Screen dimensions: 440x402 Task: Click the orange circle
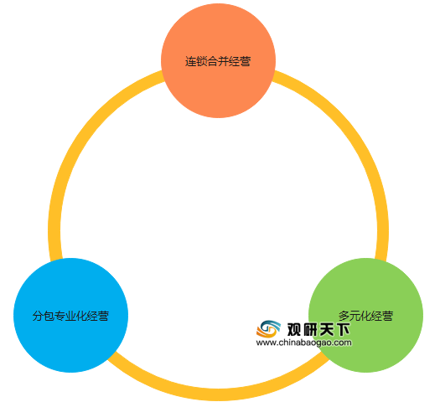(x=218, y=60)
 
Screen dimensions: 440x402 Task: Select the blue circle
(x=71, y=315)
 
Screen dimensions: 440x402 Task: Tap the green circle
(x=366, y=315)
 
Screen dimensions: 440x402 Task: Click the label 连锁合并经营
(x=218, y=61)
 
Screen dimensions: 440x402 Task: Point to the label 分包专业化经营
(x=70, y=316)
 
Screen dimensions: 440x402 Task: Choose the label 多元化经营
(x=366, y=316)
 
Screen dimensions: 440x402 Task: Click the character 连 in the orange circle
(x=190, y=61)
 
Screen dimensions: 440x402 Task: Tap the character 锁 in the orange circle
(x=201, y=61)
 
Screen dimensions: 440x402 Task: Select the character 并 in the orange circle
(x=224, y=61)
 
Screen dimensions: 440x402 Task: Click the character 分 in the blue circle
(x=38, y=316)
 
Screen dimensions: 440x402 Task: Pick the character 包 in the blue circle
(x=49, y=316)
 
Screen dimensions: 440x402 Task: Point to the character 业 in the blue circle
(x=70, y=316)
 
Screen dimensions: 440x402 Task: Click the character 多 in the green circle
(x=344, y=316)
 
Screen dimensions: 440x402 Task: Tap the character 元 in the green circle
(x=355, y=316)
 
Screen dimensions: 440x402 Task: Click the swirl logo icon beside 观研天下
(x=268, y=328)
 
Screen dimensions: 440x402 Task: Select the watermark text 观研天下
(x=318, y=329)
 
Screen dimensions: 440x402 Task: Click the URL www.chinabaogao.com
(x=303, y=343)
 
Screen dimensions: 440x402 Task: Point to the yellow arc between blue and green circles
(x=218, y=394)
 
